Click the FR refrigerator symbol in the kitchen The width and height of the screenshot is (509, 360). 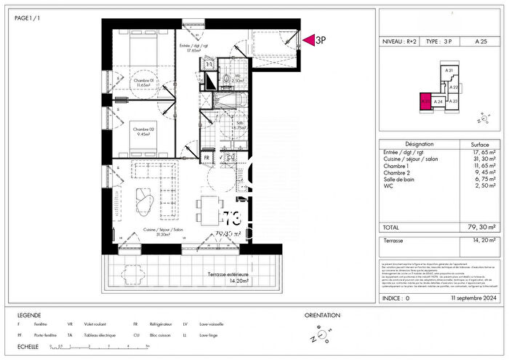pyautogui.click(x=207, y=156)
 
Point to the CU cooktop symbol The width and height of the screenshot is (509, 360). pyautogui.click(x=230, y=156)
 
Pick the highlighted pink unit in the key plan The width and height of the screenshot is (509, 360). pyautogui.click(x=424, y=103)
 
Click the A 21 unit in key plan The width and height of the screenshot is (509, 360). pyautogui.click(x=449, y=71)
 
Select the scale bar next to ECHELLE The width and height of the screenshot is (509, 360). pyautogui.click(x=97, y=347)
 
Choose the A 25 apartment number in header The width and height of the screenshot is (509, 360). pyautogui.click(x=480, y=43)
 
